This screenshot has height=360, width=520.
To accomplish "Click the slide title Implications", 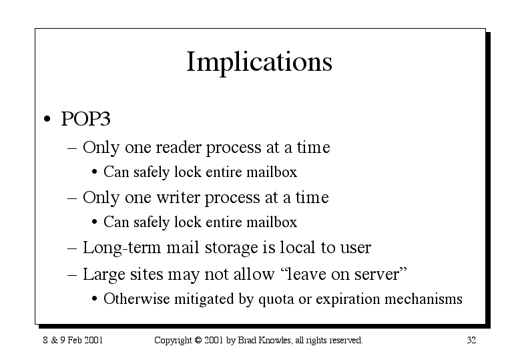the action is pos(260,62).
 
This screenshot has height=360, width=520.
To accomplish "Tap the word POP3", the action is pos(85,118).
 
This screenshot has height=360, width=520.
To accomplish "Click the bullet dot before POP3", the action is pos(47,119).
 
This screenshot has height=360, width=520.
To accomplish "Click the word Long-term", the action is pos(121,248).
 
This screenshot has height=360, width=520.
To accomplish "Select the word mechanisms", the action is pos(423,299).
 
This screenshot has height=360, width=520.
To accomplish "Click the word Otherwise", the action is pos(136,299).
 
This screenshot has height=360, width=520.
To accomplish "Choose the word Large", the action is pos(104,275).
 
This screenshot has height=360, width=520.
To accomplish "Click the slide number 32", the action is pos(471,340).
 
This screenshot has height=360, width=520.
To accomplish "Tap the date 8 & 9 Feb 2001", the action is pos(73,340).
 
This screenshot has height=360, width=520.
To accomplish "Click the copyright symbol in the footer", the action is pos(198,340).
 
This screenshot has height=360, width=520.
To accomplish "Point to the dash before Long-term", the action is pos(72,249).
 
